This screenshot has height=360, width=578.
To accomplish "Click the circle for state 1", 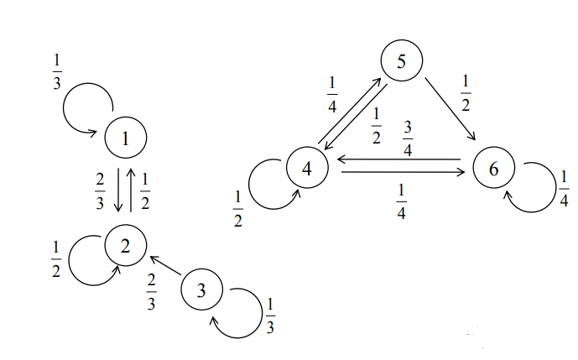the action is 126,138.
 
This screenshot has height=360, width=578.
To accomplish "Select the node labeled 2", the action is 126,245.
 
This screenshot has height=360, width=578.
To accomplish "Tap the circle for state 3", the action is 201,290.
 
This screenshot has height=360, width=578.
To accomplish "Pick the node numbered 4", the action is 307,168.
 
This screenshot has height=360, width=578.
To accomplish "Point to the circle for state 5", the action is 400,61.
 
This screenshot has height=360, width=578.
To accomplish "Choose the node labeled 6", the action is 493,168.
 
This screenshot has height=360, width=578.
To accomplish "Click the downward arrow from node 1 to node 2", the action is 118,191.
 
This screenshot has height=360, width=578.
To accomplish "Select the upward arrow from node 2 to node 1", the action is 132,191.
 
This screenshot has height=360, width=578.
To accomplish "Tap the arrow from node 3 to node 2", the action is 165,268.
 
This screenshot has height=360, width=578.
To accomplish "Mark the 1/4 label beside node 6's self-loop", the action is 565,190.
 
